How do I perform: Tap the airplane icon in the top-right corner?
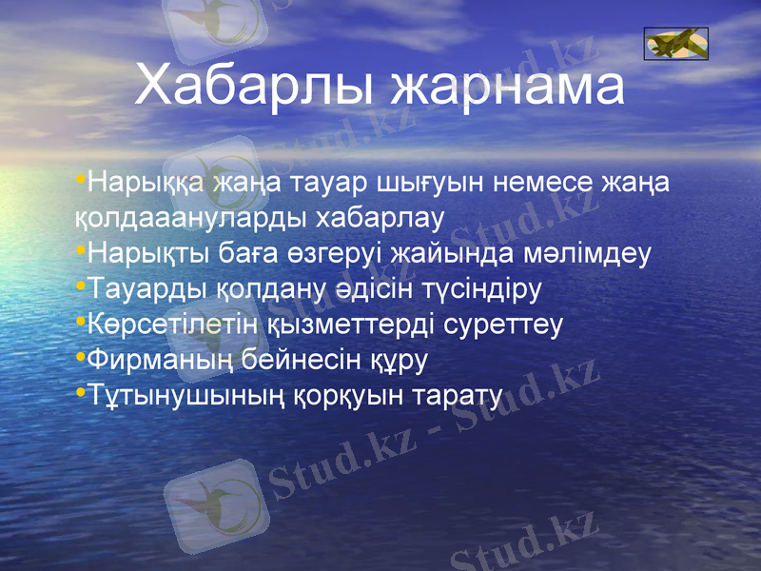675,44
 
